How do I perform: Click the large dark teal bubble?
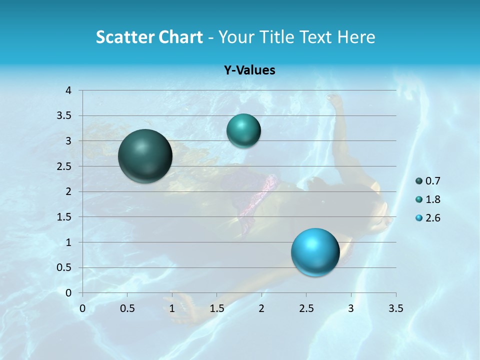(x=145, y=156)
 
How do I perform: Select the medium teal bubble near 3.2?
(x=243, y=131)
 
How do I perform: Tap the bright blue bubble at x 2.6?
(x=315, y=252)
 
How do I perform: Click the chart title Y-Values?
(x=249, y=70)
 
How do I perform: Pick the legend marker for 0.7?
(x=419, y=181)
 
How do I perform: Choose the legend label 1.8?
(x=432, y=199)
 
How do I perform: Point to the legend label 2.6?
(x=432, y=218)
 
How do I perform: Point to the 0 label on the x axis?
(x=82, y=308)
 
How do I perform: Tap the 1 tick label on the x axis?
(x=172, y=308)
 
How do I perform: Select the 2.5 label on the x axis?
(x=306, y=308)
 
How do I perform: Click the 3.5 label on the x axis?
(x=395, y=308)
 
